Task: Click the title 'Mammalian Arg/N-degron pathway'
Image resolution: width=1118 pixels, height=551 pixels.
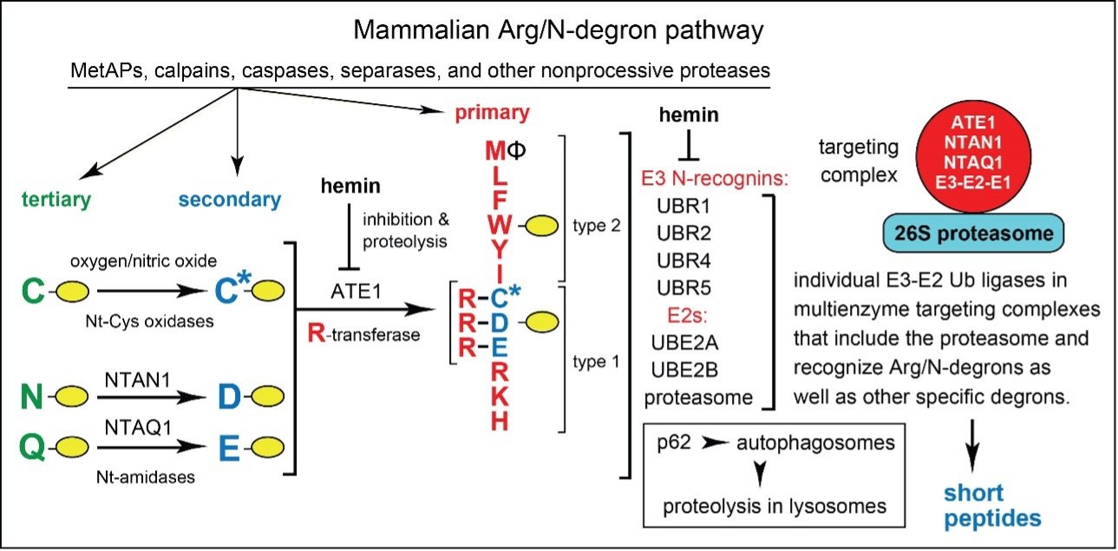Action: click(x=558, y=31)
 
